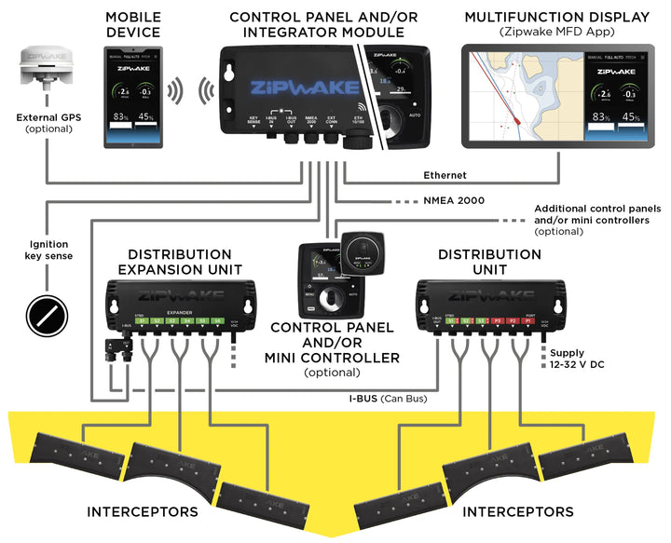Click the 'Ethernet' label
tap(445, 174)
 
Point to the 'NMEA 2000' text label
tap(455, 200)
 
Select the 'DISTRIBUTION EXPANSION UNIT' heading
tap(179, 261)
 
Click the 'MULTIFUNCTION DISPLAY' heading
tap(556, 18)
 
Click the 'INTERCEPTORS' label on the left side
tap(143, 511)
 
